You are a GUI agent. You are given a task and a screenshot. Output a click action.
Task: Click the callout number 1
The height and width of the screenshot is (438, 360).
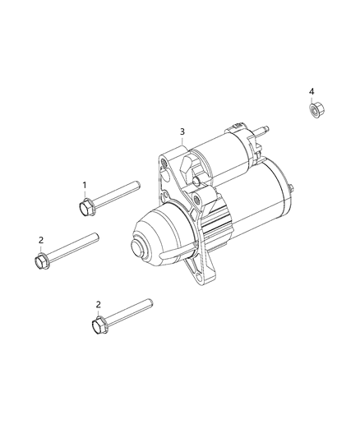pos(84,185)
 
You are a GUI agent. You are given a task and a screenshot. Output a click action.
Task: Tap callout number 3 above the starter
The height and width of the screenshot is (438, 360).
pos(182,131)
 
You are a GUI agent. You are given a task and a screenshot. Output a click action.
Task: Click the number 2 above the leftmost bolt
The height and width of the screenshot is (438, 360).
pos(41,240)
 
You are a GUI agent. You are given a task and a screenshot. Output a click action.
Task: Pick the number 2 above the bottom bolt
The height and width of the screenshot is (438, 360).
pos(98,305)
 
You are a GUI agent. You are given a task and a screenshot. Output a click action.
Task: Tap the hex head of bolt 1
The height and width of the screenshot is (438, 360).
pos(85,208)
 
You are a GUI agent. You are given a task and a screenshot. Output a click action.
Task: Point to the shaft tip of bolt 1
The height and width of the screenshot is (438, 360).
pos(138,185)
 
